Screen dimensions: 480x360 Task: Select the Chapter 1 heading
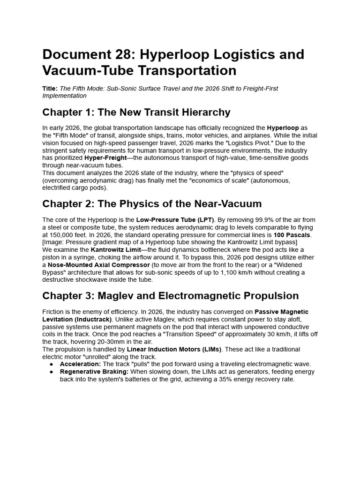tap(136, 112)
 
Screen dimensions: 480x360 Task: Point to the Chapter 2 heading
tap(152, 204)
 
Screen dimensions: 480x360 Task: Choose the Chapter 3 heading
tap(171, 296)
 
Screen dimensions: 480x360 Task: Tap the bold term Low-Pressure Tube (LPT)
tap(175, 220)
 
